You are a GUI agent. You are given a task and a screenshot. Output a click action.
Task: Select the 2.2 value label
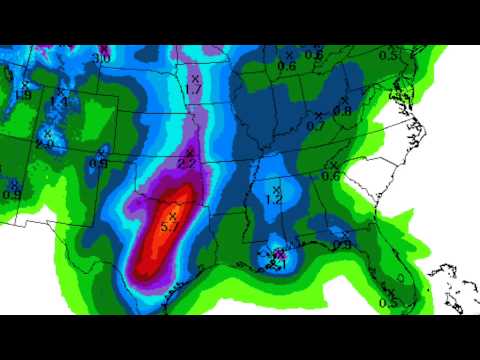click(186, 163)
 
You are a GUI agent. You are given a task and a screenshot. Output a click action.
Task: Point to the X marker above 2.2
click(188, 152)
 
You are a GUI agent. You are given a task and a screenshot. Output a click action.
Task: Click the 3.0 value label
click(101, 59)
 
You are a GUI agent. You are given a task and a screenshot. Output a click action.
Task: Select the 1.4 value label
click(59, 102)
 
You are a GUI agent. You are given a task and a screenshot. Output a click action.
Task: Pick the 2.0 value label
click(44, 144)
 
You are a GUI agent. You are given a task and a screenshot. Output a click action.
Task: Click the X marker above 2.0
click(47, 132)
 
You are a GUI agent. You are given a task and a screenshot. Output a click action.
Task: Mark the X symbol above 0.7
click(319, 115)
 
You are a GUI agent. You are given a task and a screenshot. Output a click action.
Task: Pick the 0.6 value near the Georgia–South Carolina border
click(331, 176)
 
